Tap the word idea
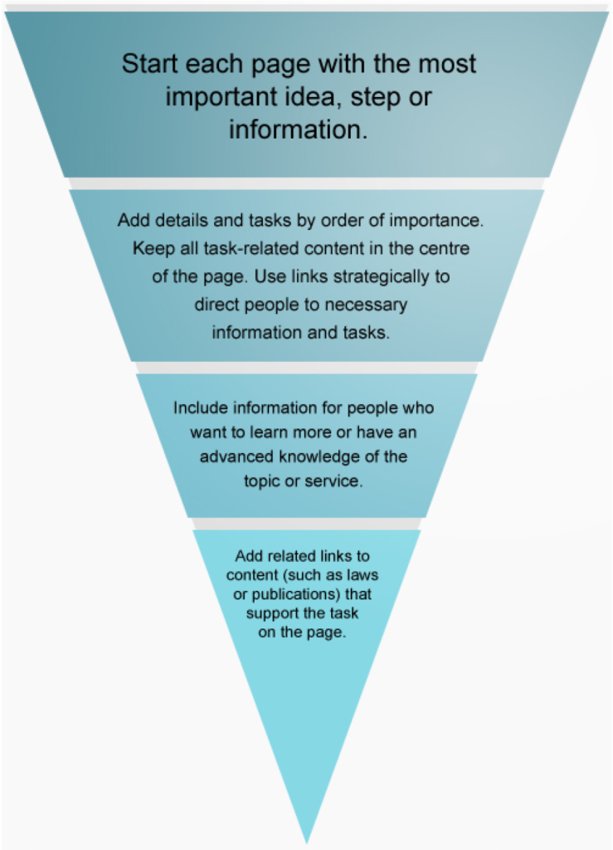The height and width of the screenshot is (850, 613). tap(299, 97)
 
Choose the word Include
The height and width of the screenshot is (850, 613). tap(198, 408)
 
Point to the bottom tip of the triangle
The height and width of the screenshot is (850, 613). tap(307, 840)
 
